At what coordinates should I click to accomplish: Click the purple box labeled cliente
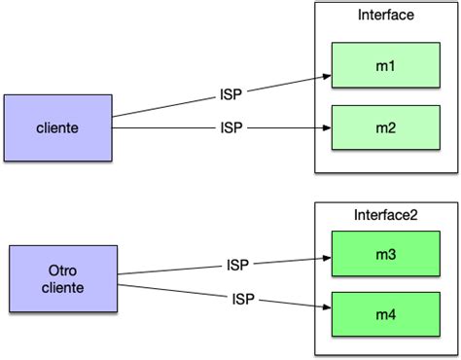pyautogui.click(x=57, y=127)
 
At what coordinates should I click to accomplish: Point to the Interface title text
pyautogui.click(x=385, y=16)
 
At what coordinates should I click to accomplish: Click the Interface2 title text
pyautogui.click(x=385, y=214)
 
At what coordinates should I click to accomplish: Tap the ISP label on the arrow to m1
pyautogui.click(x=231, y=94)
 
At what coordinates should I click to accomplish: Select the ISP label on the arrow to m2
pyautogui.click(x=231, y=127)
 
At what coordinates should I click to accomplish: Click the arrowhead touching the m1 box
pyautogui.click(x=327, y=74)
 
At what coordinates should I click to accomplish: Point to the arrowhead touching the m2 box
pyautogui.click(x=327, y=127)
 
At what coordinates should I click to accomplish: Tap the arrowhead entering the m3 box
pyautogui.click(x=327, y=260)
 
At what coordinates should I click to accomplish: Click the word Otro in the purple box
pyautogui.click(x=64, y=270)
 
